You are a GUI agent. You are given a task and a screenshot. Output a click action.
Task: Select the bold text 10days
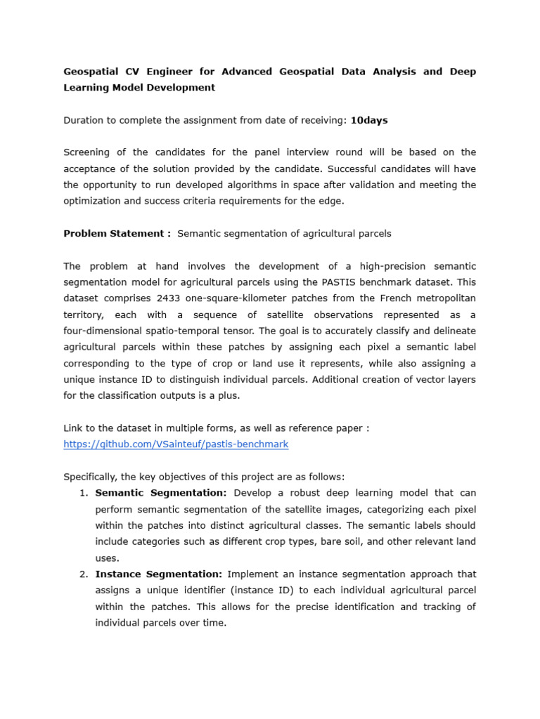click(368, 120)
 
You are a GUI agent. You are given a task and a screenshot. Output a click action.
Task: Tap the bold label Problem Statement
click(117, 233)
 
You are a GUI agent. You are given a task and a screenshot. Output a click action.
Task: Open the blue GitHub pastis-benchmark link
click(176, 444)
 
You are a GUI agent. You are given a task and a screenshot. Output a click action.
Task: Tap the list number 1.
click(83, 493)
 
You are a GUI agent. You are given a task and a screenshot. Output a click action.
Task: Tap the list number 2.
click(83, 574)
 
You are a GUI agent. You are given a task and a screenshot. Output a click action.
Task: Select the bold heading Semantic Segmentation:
click(161, 493)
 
